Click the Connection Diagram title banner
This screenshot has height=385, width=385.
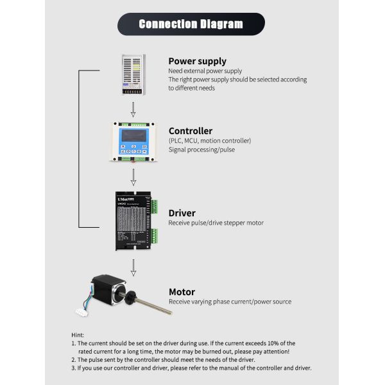coord(191,24)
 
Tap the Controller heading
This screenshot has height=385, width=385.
coord(191,131)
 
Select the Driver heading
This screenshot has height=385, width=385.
coord(182,213)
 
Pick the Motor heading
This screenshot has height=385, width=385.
coord(182,291)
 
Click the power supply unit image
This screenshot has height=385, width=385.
coord(133,74)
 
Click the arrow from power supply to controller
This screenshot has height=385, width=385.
coord(133,108)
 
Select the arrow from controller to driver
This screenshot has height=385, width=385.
coord(133,175)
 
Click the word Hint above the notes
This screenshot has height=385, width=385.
coord(78,335)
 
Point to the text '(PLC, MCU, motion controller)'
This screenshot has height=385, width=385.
coord(210,141)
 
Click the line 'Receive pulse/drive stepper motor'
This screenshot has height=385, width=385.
coord(216,223)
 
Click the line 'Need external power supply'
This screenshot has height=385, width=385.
coord(205,71)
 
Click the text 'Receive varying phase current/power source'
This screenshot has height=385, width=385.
coord(230,302)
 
